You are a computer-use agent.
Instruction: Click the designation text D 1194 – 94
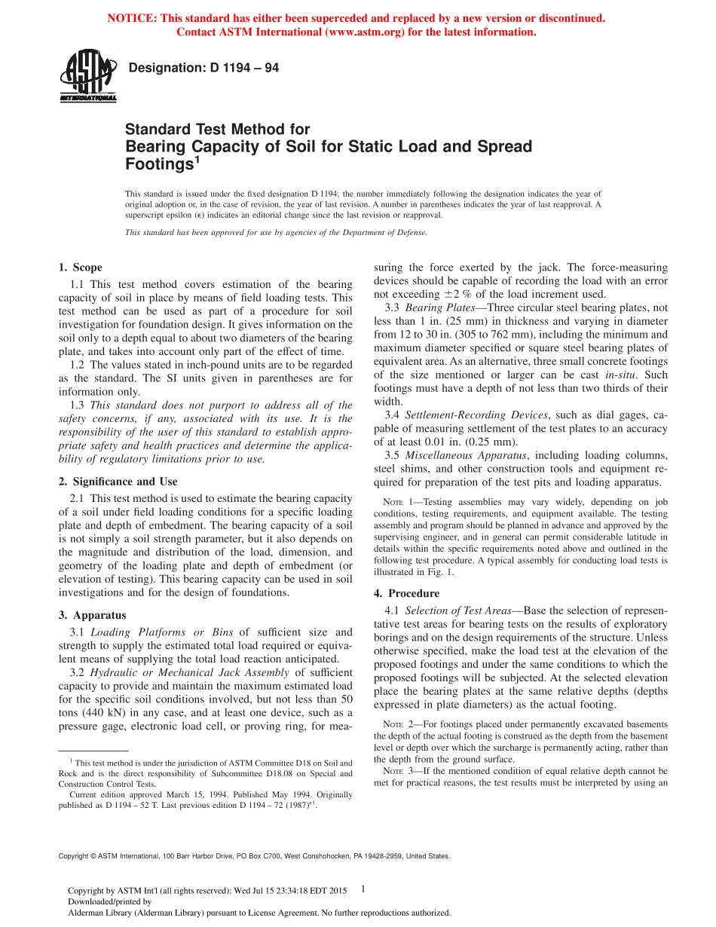(204, 68)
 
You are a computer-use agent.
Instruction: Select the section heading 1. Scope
(81, 268)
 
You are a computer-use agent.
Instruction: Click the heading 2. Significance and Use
(118, 482)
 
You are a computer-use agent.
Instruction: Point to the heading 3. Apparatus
(93, 615)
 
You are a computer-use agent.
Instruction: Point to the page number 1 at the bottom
(363, 889)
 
